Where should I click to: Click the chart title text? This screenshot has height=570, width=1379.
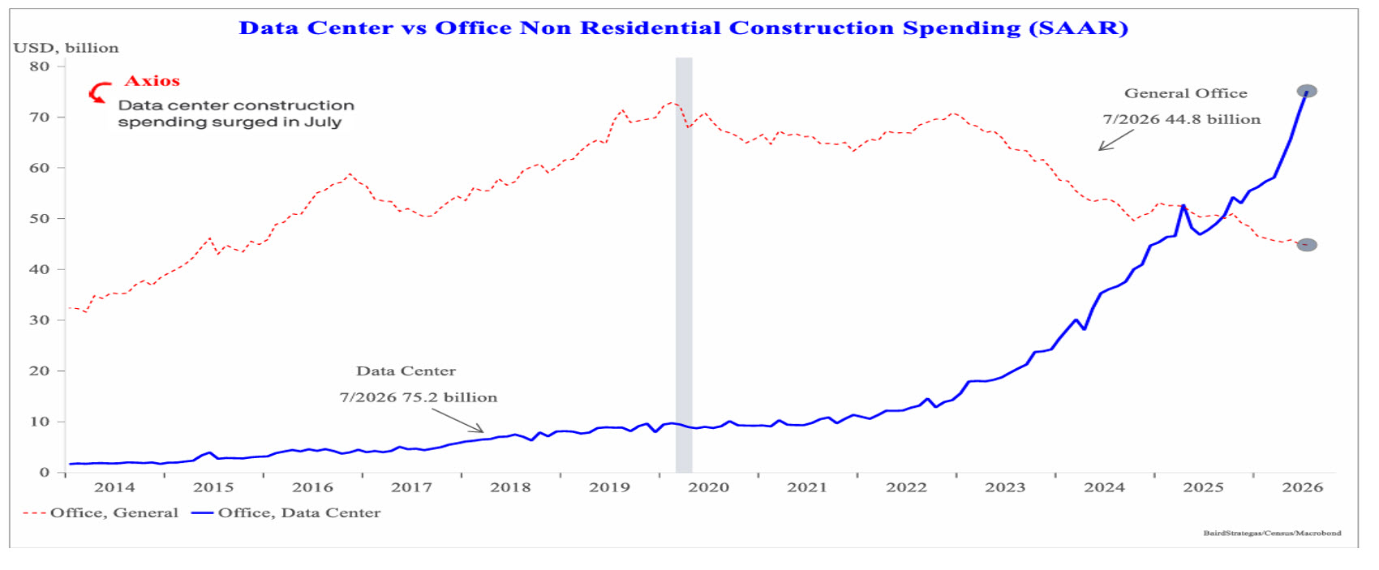683,28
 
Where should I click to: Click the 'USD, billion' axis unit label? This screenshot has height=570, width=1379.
66,48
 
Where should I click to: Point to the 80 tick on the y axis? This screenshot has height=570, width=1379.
40,66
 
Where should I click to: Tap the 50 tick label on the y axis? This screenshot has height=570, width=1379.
40,219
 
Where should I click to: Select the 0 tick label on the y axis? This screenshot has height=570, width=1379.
45,472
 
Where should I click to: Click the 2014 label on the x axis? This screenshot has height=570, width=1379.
114,487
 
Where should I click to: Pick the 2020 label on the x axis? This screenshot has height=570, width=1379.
708,487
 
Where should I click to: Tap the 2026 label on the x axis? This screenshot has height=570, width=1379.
1302,487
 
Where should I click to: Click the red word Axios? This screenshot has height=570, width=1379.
152,80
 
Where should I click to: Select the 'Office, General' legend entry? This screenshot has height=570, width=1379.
101,512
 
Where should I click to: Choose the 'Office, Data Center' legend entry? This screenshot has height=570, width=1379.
286,512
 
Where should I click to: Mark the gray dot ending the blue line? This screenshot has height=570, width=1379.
1306,91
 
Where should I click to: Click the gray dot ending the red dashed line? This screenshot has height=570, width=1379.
1306,244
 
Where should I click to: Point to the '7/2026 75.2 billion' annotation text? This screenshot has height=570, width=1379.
418,397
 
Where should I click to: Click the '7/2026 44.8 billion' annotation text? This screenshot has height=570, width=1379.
1181,119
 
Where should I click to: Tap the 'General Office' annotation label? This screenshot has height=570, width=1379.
1186,93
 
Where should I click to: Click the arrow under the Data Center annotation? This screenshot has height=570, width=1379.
458,421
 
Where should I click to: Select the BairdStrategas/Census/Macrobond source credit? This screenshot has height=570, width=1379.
1272,533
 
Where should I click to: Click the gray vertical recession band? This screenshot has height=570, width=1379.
683,264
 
